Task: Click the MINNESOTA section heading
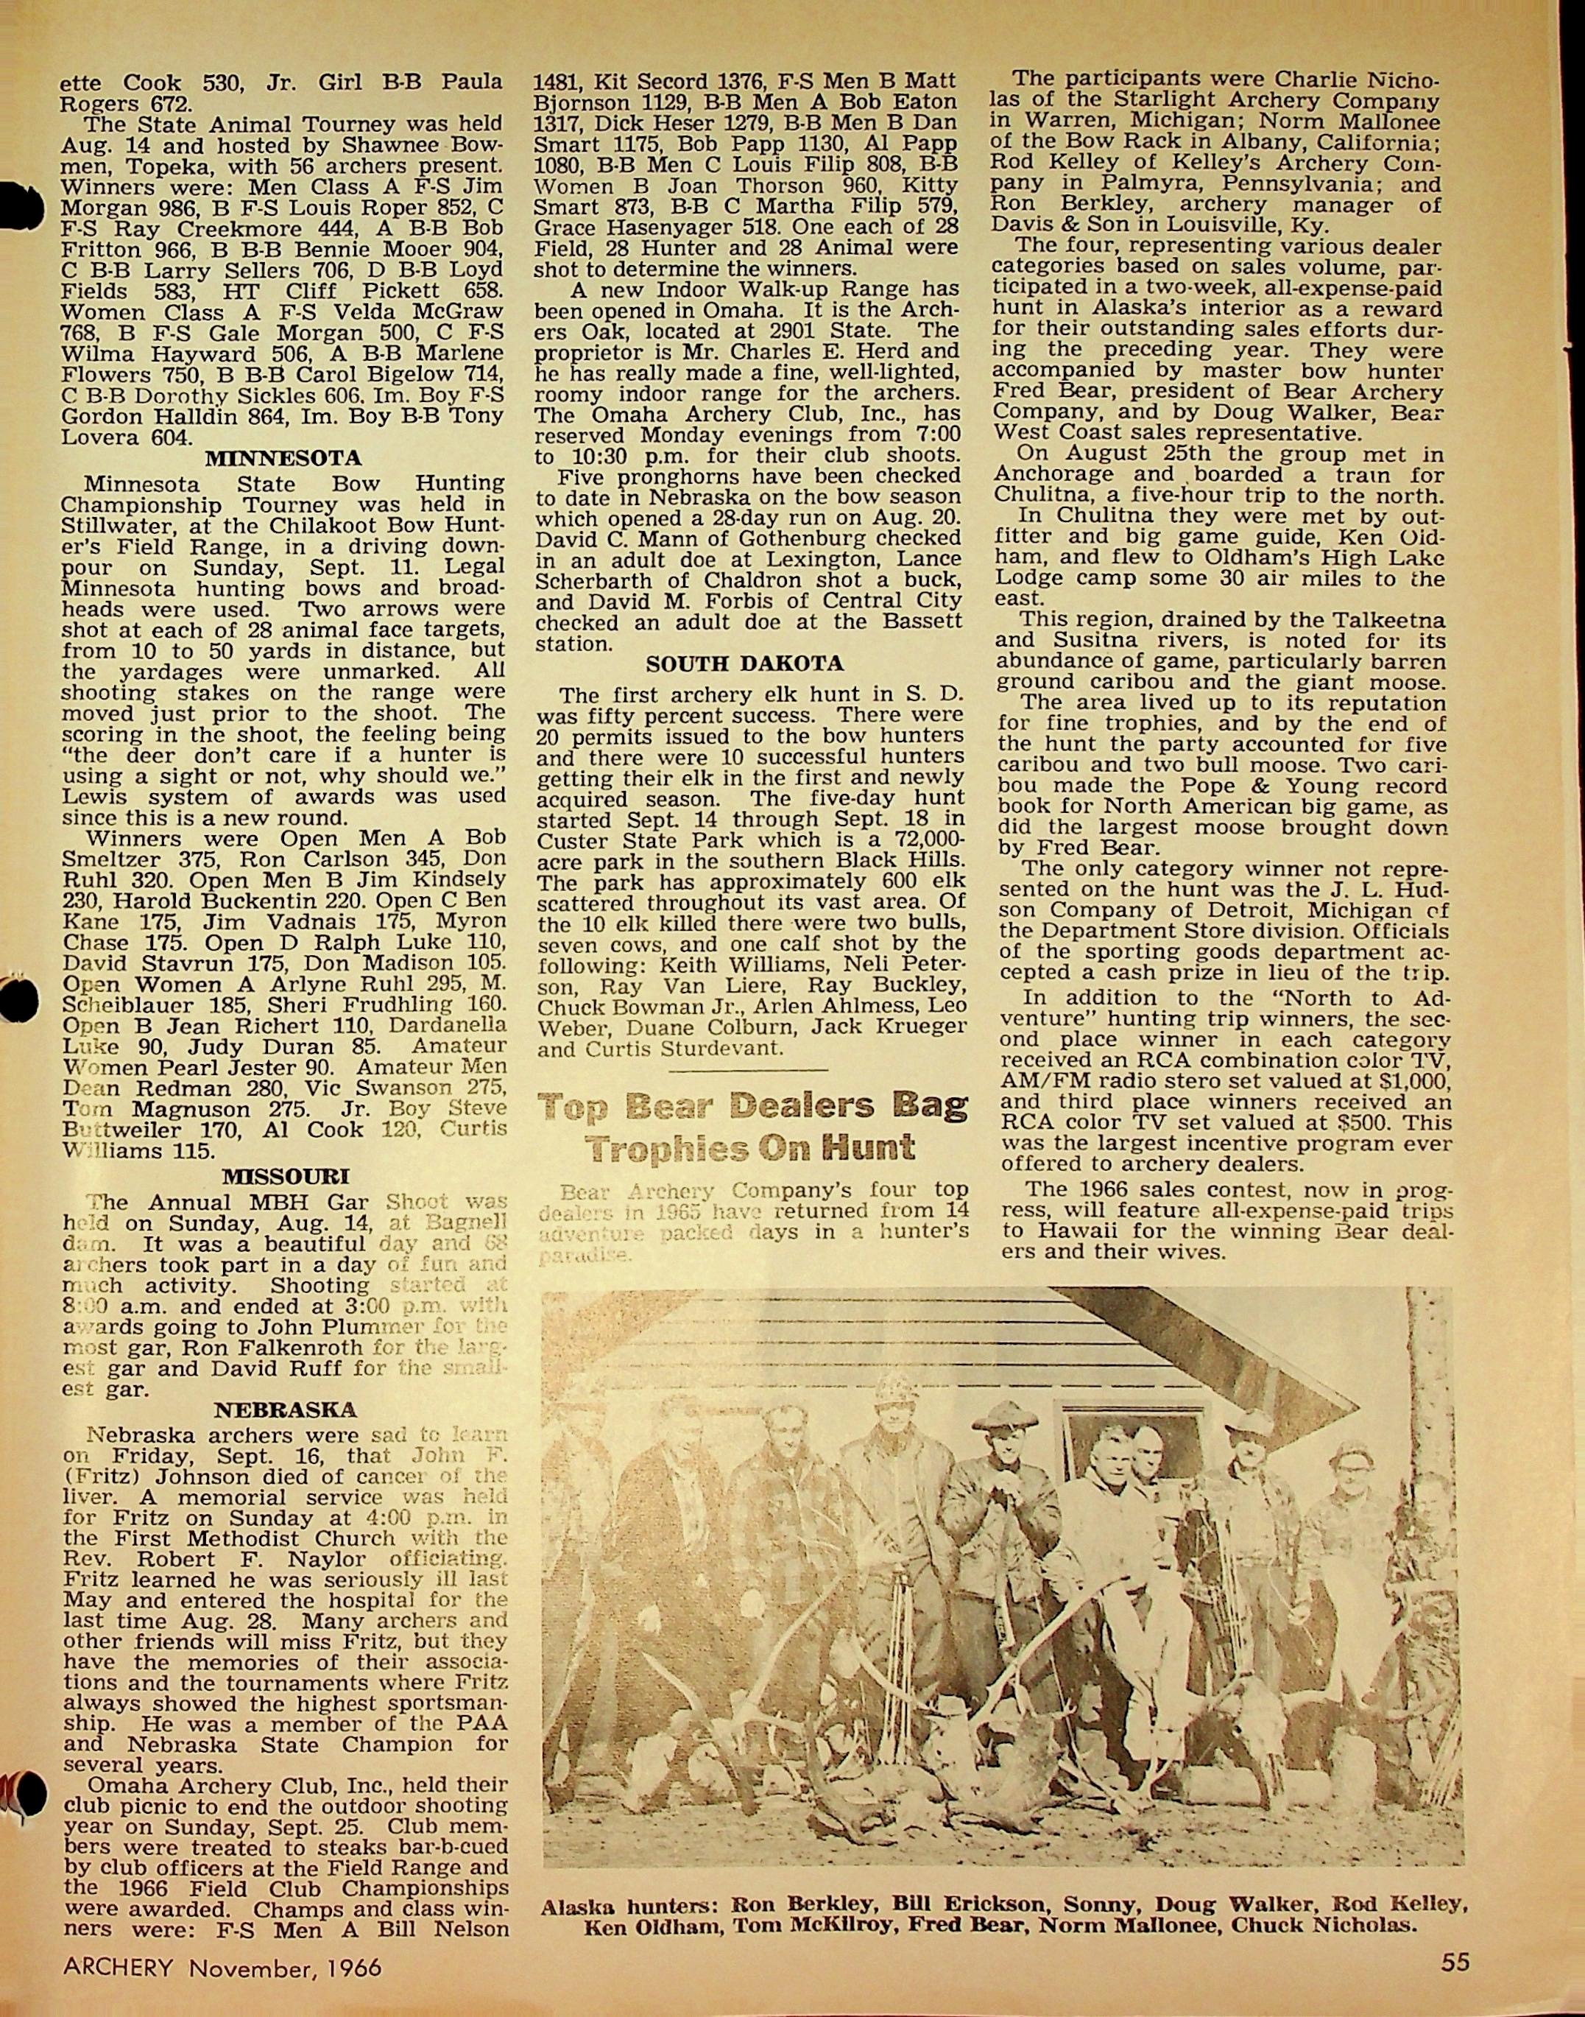283,459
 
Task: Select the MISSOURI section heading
284,1177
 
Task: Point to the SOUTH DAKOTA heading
744,663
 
